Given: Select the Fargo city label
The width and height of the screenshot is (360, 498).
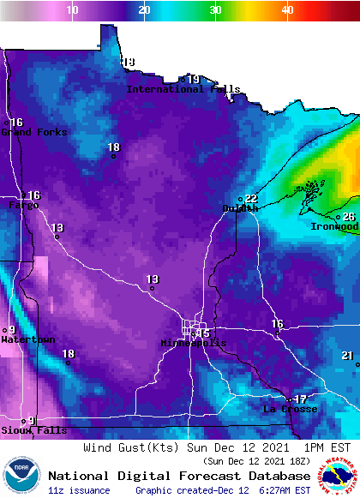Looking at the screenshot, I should point(23,206).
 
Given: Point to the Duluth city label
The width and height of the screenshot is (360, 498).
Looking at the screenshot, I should point(239,208).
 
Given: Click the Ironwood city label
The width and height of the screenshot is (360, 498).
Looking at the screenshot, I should point(334,226).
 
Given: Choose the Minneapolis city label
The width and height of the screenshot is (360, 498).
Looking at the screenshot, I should point(194,343).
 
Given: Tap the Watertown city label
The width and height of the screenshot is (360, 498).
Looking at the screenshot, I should point(27,339).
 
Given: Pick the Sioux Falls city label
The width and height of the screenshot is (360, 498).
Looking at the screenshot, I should point(33,430).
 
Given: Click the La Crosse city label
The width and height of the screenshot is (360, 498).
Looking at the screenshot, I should point(290,409).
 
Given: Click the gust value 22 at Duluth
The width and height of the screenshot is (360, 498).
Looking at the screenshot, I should point(251,199).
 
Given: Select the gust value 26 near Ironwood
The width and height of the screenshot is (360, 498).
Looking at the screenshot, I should point(349,217).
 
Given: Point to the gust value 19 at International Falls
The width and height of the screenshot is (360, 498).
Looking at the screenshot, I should point(194,79).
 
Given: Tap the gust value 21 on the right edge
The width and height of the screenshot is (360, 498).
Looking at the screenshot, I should point(347,356).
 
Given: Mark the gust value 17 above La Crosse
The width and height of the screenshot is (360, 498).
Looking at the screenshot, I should point(301,399).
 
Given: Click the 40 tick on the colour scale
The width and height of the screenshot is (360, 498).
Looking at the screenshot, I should point(287,10).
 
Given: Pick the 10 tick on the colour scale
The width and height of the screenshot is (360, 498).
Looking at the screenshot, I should point(73,10).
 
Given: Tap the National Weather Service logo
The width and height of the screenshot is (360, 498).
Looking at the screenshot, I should point(338,475).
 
